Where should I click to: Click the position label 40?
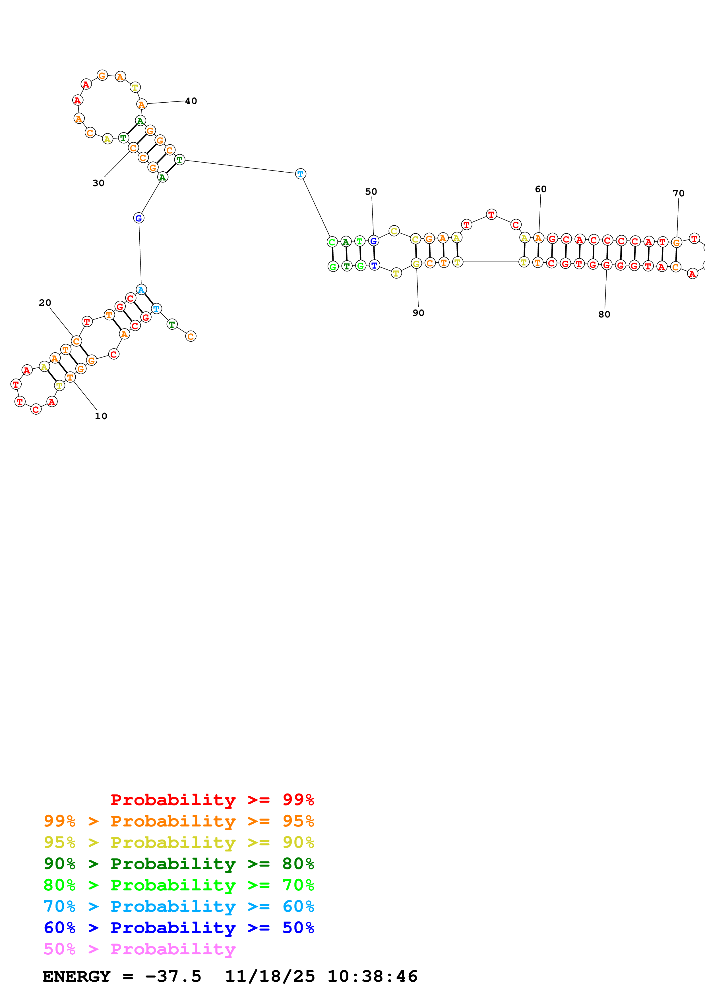191,101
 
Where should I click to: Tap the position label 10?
101,416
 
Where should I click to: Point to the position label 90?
418,313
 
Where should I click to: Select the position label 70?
679,193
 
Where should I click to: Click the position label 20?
45,303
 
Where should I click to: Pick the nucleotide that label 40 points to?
142,104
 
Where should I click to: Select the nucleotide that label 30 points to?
133,148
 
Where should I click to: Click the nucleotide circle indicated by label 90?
416,263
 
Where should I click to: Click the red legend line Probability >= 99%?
212,799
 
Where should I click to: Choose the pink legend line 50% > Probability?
139,949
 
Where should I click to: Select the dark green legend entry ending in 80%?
179,864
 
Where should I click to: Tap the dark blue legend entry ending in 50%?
179,928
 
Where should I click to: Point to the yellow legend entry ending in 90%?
179,842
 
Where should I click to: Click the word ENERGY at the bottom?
77,977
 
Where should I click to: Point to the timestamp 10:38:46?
372,977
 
